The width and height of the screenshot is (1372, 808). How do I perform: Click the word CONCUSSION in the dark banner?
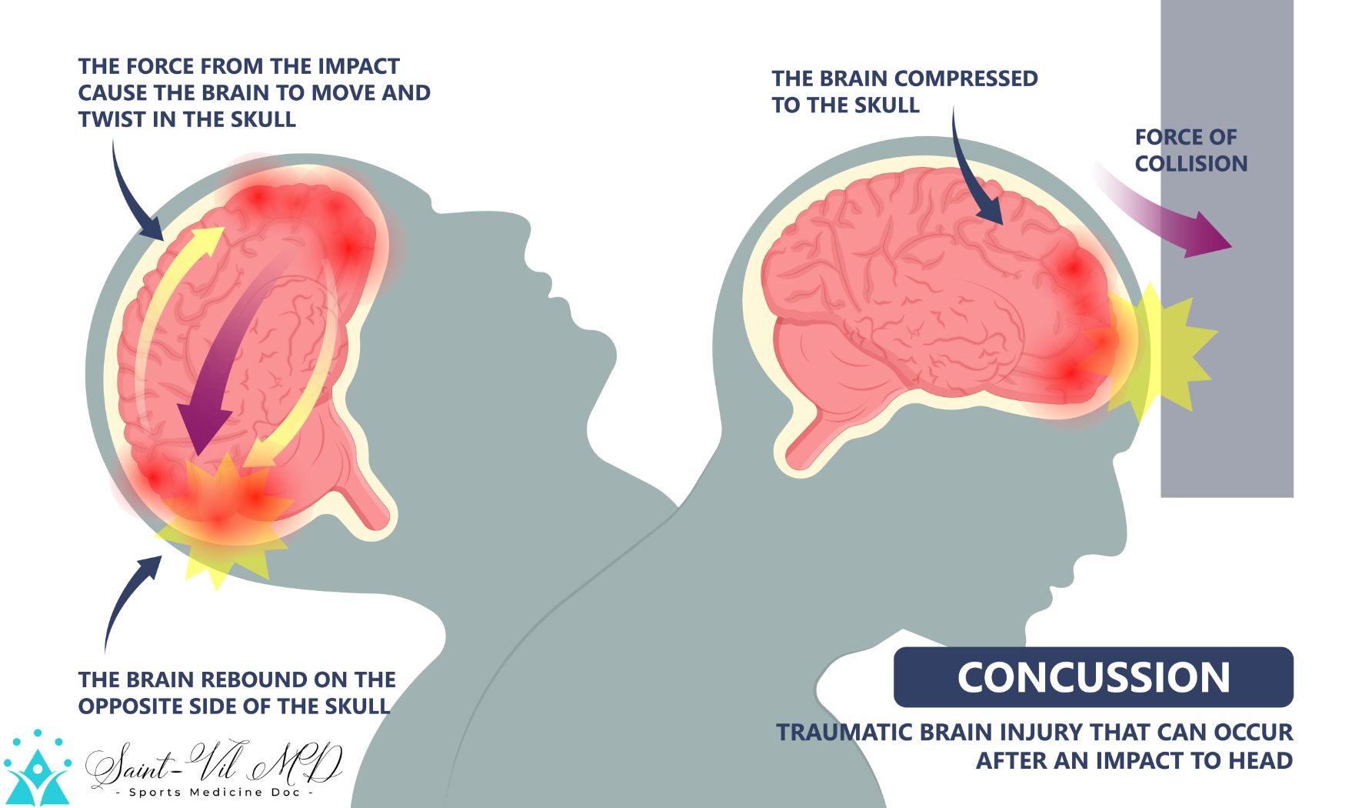[1094, 677]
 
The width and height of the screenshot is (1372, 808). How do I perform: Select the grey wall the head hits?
[1227, 248]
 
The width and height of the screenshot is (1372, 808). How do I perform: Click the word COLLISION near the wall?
[1191, 164]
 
